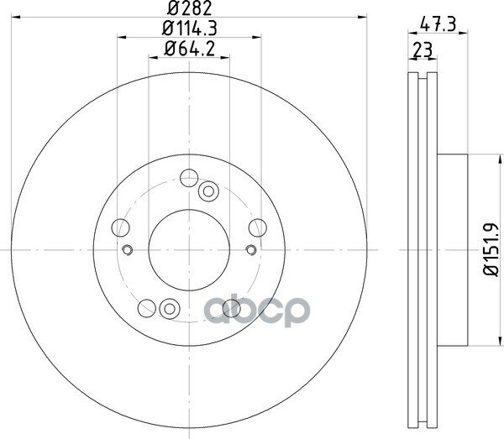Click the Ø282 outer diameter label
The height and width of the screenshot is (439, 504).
point(190,8)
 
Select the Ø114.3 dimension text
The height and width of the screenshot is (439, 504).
point(190,29)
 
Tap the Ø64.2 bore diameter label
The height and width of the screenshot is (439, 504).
point(190,49)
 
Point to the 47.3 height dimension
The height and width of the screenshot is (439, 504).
point(438,24)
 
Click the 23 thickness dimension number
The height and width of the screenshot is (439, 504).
point(423,50)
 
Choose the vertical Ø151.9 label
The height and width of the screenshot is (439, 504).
point(491,249)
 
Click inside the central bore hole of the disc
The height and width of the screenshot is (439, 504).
point(189,250)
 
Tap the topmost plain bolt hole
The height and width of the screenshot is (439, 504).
point(189,178)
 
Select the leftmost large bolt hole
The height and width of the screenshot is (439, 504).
point(120,227)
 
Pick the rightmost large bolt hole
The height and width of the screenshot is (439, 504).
point(258,227)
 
